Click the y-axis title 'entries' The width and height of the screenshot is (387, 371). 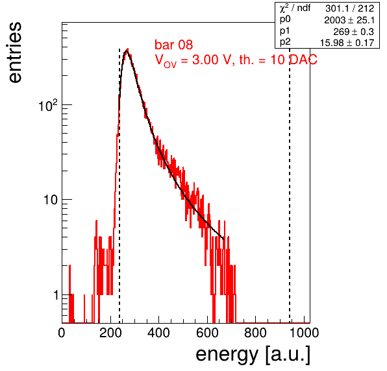[16, 53]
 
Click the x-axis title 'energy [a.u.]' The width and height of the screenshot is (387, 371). [253, 355]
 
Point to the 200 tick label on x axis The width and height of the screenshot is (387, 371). [110, 333]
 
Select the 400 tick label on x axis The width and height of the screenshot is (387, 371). [158, 333]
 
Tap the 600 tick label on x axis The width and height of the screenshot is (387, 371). [207, 333]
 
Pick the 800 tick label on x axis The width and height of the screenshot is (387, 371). [255, 333]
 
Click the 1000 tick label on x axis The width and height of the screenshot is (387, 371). [304, 333]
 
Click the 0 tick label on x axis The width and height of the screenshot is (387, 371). [62, 333]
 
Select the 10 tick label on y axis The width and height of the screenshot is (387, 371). [51, 200]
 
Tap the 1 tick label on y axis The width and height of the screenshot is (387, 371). [56, 295]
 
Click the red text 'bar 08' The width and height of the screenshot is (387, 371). [174, 45]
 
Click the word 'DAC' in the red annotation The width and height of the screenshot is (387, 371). [303, 60]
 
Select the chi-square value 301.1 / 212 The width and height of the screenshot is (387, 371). [350, 8]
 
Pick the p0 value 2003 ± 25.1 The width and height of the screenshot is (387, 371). [349, 20]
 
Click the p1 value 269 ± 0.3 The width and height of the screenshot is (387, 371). [353, 32]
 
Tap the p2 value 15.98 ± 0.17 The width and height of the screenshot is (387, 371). [347, 43]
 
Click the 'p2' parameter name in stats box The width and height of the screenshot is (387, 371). [285, 42]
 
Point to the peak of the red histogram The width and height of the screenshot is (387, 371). [127, 49]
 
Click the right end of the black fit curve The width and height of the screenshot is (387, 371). [223, 239]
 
